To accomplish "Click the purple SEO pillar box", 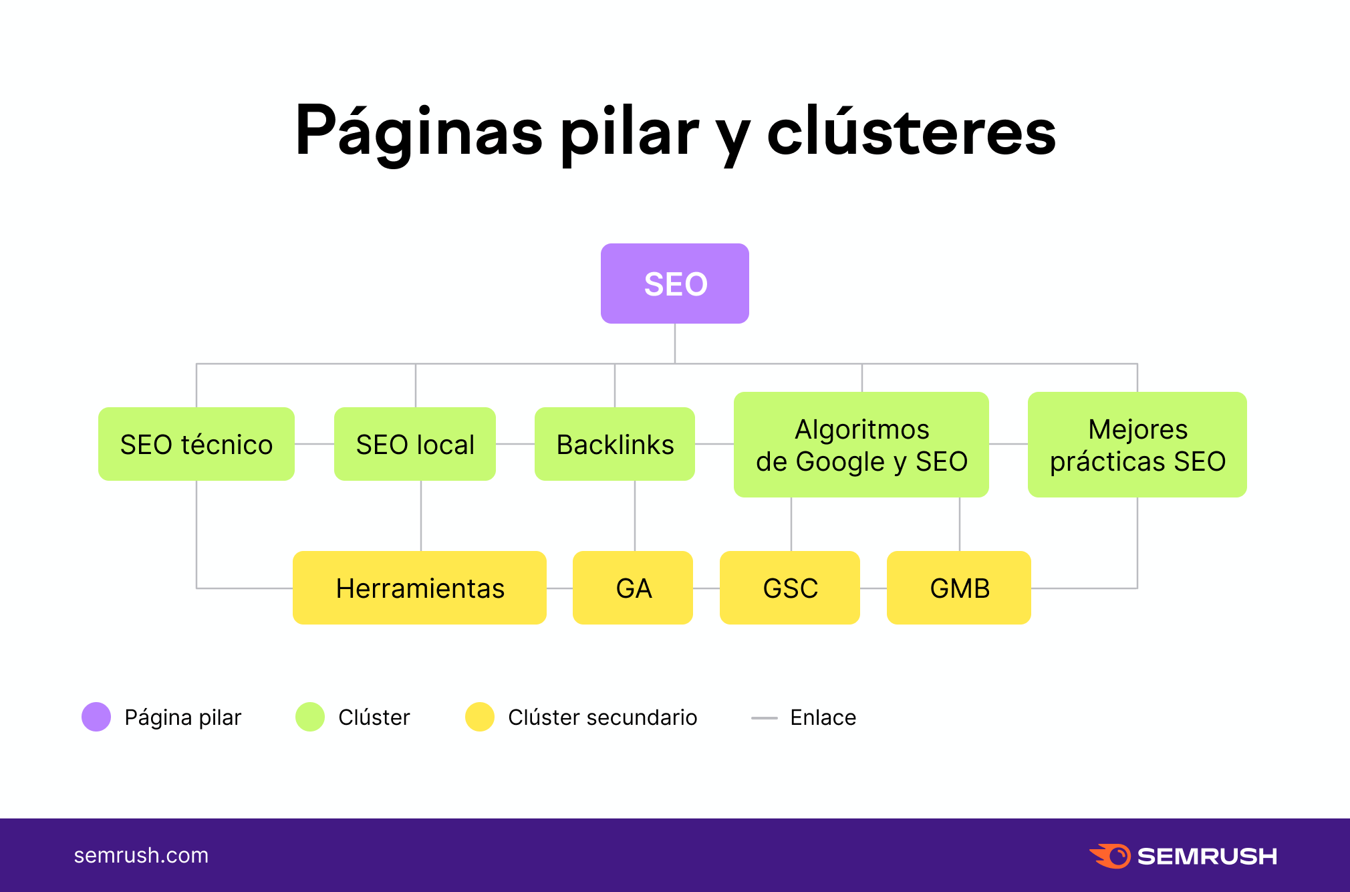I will point(674,284).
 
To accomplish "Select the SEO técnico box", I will point(196,444).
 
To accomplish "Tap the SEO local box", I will point(414,444).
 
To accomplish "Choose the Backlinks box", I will point(614,444).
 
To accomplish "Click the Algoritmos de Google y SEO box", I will point(861,445).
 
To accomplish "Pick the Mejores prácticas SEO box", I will point(1137,445).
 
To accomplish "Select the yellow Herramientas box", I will point(420,588).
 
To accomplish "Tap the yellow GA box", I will point(633,588).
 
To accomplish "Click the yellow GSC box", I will point(790,588).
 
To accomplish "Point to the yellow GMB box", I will point(959,588).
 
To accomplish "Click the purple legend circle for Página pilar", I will point(96,717).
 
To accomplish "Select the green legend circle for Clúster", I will point(310,717).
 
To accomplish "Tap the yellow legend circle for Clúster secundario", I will point(480,717).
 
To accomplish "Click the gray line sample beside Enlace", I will point(765,718).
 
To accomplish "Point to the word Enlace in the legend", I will point(823,717).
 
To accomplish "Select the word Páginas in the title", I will point(419,132).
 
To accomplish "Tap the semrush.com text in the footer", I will point(141,855).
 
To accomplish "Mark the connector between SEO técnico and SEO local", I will point(314,444).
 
